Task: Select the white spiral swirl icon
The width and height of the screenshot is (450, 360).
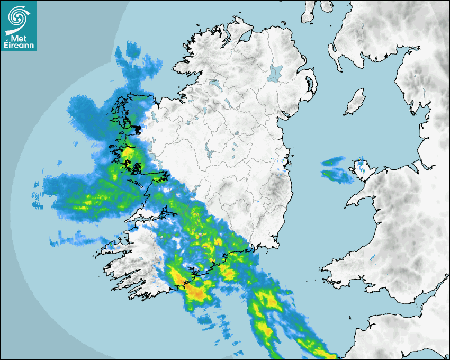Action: point(19,15)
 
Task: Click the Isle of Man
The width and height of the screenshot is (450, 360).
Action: point(355,103)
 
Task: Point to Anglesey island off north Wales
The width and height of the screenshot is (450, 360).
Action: point(362,168)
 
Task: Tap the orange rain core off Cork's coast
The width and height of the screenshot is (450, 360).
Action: point(196,291)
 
